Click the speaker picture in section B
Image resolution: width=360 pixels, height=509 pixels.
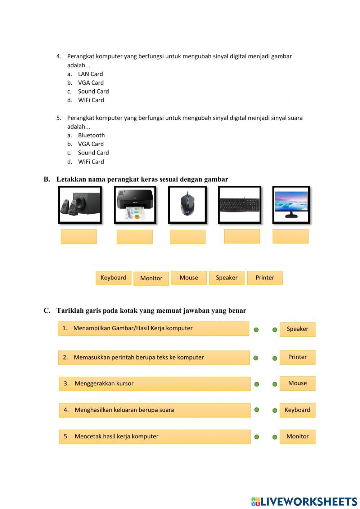[80, 205]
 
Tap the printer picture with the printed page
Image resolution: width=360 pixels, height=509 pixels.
[135, 205]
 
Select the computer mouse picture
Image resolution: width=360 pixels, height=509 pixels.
[187, 205]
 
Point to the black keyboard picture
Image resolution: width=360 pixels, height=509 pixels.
[239, 205]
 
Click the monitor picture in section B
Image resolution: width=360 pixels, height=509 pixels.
[291, 205]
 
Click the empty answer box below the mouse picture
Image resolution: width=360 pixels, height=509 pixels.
[188, 237]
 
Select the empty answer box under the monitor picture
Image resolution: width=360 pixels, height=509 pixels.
[291, 236]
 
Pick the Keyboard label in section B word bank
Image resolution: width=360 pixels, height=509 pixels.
[113, 278]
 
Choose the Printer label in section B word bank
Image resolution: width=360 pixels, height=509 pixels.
[265, 278]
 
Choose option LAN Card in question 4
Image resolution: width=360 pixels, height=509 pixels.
[90, 74]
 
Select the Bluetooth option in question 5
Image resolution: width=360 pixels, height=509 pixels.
[91, 135]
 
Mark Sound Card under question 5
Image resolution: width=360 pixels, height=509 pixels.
[93, 153]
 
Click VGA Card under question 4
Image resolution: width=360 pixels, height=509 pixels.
[91, 82]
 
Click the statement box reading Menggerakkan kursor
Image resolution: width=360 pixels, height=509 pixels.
[154, 384]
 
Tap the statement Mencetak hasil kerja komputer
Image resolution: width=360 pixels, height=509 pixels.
[154, 436]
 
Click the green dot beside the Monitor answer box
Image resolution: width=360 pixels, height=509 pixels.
[275, 437]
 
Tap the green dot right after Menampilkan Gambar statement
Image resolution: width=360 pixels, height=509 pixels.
[256, 330]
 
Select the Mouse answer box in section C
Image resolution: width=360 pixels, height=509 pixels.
[297, 383]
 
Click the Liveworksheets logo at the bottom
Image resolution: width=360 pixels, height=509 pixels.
[304, 501]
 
